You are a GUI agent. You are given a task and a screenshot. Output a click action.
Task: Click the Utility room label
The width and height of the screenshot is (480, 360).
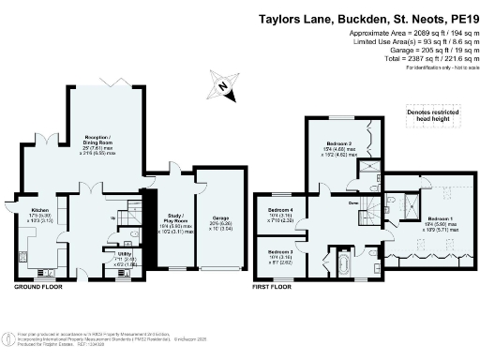[124, 254]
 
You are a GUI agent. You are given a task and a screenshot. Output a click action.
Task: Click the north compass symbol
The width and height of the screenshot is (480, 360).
[222, 86]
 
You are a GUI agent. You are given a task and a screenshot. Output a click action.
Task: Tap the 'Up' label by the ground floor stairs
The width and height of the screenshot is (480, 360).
[114, 218]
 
